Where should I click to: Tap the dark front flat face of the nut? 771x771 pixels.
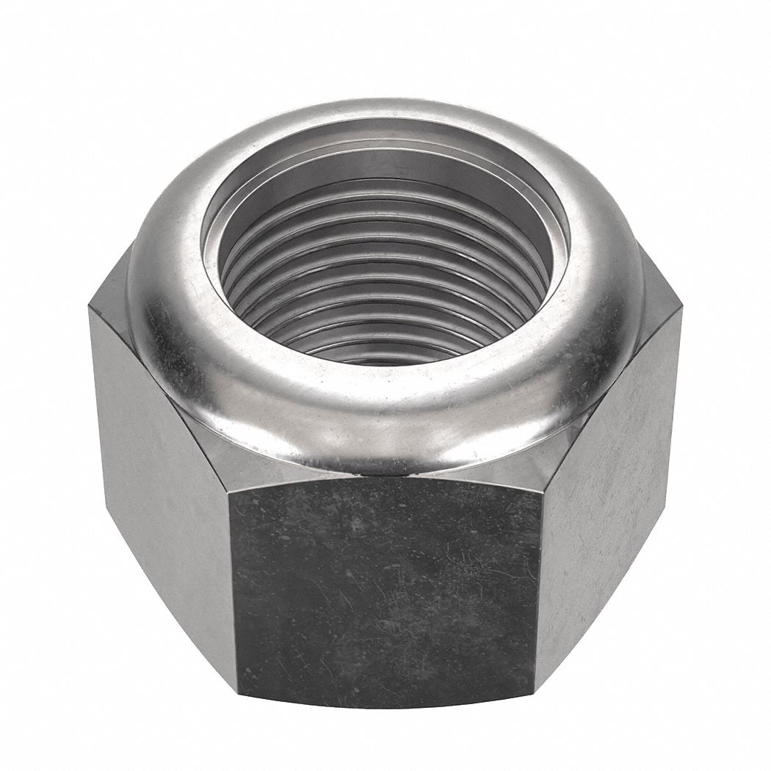click(x=385, y=587)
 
